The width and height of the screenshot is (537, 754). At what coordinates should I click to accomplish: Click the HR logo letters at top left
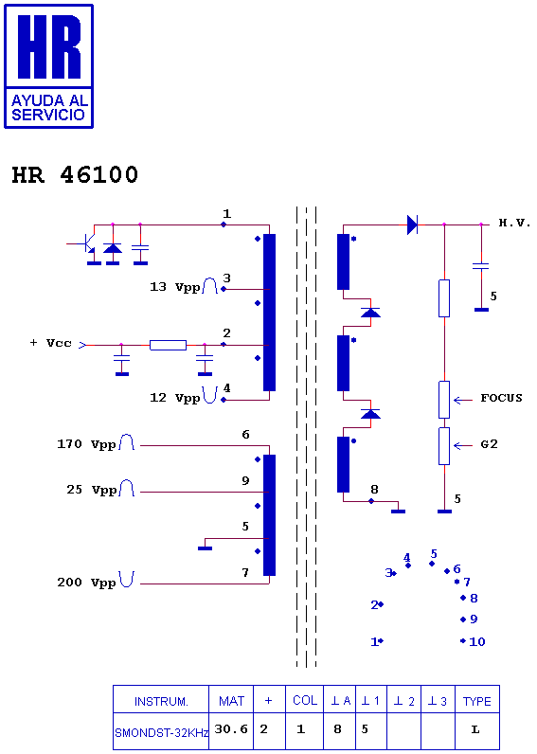(x=49, y=46)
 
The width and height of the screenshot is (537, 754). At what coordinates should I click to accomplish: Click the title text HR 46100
(x=75, y=174)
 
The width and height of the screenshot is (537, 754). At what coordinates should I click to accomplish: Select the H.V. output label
(x=514, y=223)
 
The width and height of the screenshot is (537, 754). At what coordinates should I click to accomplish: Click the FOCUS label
(x=501, y=398)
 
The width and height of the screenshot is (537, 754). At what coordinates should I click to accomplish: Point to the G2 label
(x=489, y=444)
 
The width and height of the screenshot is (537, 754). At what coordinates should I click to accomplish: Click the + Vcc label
(x=50, y=343)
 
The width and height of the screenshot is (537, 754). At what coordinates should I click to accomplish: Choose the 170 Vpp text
(x=86, y=444)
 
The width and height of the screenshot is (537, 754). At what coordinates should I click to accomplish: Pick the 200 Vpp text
(x=86, y=583)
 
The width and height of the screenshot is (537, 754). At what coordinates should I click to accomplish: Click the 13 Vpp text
(x=175, y=287)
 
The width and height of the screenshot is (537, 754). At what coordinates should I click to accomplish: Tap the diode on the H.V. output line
(x=412, y=224)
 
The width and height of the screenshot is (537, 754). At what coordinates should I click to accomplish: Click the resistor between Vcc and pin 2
(x=168, y=345)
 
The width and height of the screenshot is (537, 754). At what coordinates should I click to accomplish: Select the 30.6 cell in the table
(x=231, y=729)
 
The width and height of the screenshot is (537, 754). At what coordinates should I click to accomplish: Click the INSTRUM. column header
(x=161, y=702)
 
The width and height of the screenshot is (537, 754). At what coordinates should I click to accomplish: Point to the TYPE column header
(x=477, y=702)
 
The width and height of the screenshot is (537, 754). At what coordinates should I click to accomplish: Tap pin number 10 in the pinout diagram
(x=477, y=641)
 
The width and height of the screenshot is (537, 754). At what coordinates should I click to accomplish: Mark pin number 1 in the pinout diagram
(x=374, y=641)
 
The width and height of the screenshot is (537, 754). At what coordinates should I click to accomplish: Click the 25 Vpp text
(x=92, y=490)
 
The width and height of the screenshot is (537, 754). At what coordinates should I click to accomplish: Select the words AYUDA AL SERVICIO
(x=48, y=108)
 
